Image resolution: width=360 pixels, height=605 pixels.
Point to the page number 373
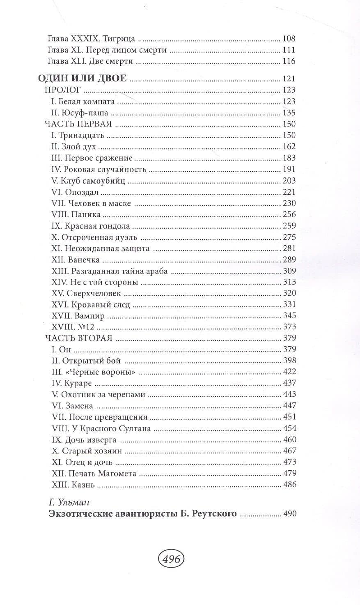[289, 327]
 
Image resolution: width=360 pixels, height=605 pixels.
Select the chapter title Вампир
[90, 316]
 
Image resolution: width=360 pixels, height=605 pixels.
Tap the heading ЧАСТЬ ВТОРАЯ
[78, 338]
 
